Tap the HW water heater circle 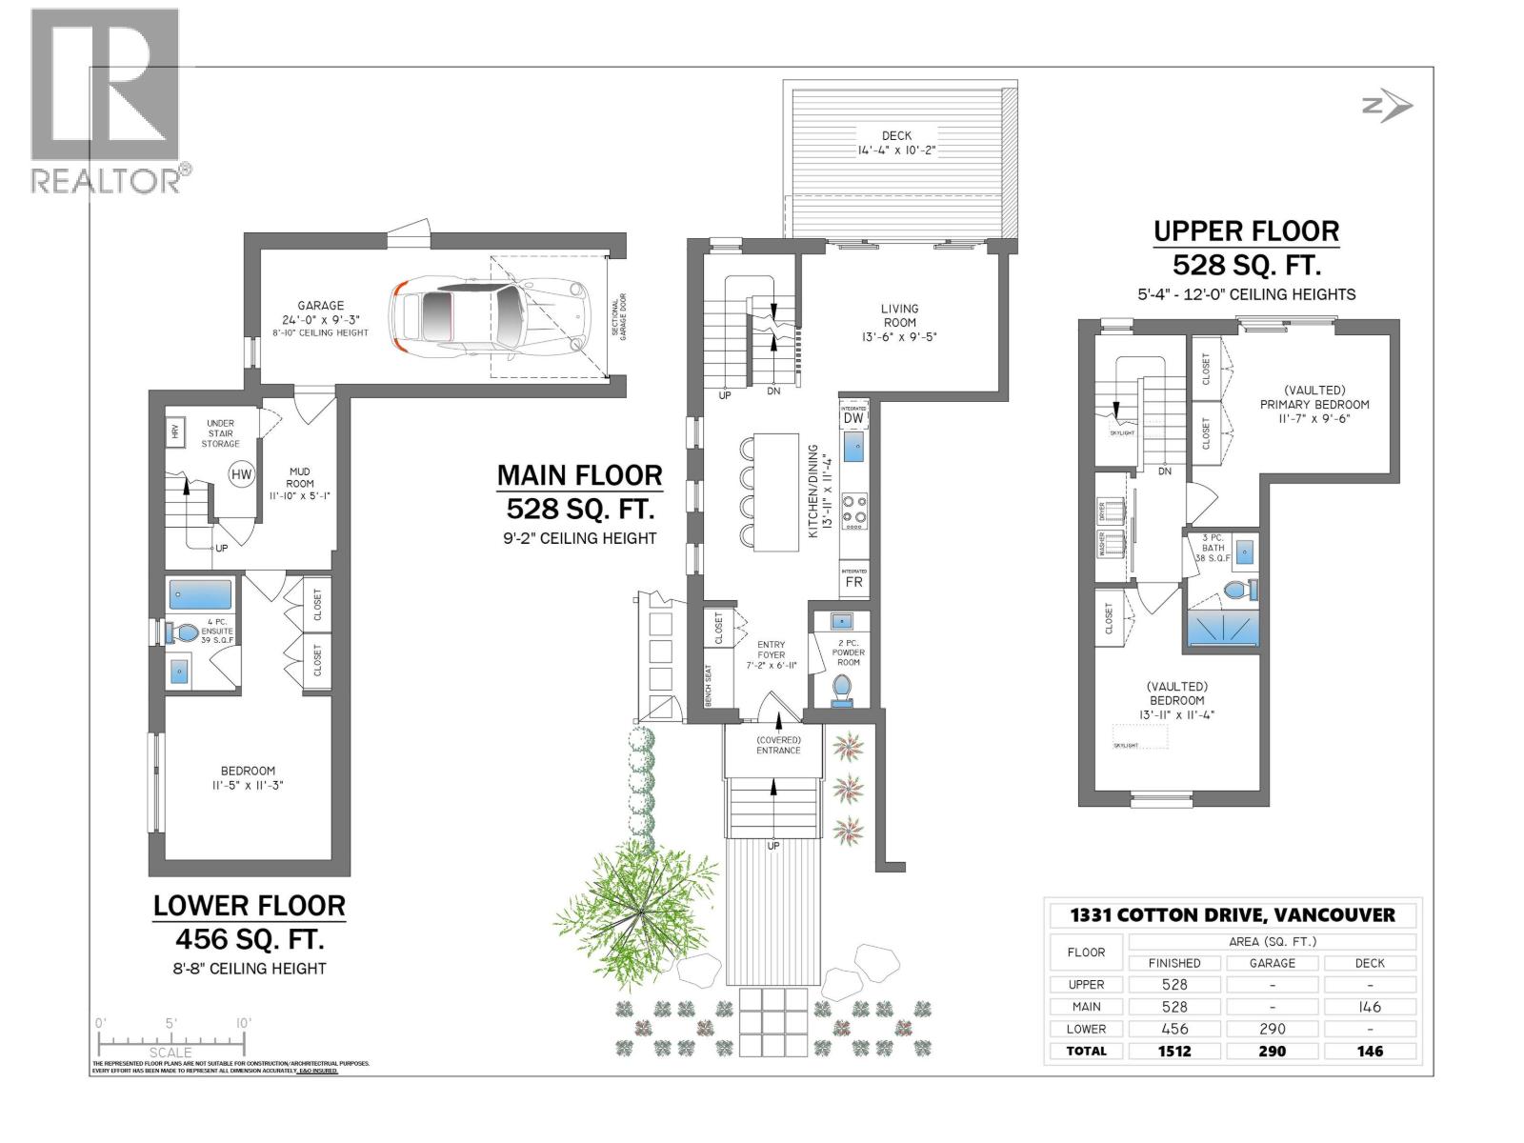pos(241,473)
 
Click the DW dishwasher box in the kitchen pos(853,417)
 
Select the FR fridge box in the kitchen pos(853,581)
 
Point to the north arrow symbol pos(1387,108)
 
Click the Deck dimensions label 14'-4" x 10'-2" pos(896,150)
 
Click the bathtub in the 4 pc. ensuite pos(200,594)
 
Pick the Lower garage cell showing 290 pos(1272,1029)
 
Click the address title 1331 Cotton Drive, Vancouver pos(1233,915)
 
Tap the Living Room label pos(899,315)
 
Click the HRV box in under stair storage pos(175,431)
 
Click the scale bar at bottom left pos(171,1040)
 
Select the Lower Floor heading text pos(250,906)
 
